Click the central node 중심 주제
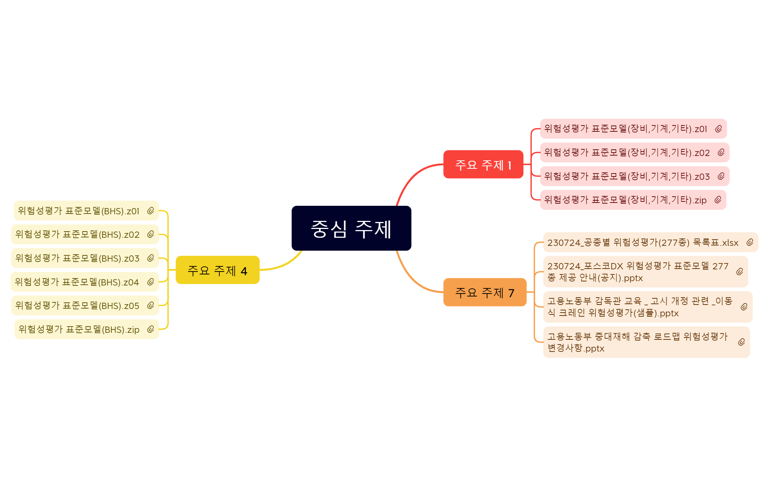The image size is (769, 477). click(x=351, y=228)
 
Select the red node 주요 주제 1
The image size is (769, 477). click(x=483, y=164)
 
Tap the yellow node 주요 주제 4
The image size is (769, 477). click(x=218, y=270)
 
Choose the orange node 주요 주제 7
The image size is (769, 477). click(x=485, y=292)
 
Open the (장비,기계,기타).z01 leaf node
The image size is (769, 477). click(x=633, y=129)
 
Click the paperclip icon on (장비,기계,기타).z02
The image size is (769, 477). click(x=721, y=152)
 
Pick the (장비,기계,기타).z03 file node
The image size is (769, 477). click(x=635, y=176)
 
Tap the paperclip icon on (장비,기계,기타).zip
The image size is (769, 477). click(x=718, y=200)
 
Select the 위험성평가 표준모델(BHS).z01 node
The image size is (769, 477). click(x=87, y=211)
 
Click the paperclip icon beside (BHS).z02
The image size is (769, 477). click(x=151, y=234)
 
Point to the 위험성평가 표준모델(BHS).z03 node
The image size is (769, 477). click(x=85, y=258)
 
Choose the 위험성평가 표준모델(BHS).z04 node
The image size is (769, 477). click(x=85, y=282)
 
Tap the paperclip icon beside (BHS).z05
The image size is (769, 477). click(x=151, y=305)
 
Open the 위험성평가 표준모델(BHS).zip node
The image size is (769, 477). click(x=87, y=329)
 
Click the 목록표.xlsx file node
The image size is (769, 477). click(x=651, y=242)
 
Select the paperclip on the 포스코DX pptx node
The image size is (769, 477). click(x=740, y=272)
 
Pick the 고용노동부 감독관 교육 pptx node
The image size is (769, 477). click(x=648, y=307)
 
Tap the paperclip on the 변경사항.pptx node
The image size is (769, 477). click(x=742, y=342)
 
